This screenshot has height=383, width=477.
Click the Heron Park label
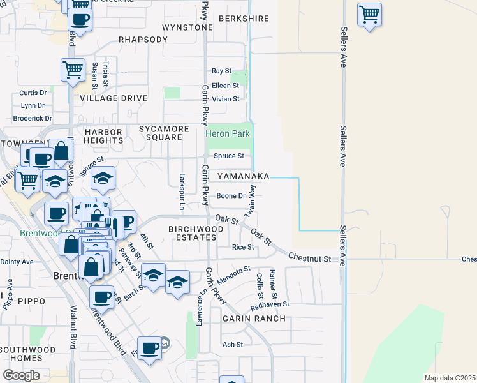click(x=228, y=134)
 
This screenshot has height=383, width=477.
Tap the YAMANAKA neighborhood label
click(x=242, y=176)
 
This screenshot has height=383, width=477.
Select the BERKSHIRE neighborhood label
click(x=244, y=19)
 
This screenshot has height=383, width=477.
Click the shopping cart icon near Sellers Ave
click(x=369, y=14)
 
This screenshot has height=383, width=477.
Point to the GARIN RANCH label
click(x=249, y=318)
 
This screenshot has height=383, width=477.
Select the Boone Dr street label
click(x=231, y=196)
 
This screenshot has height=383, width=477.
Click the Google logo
click(x=21, y=375)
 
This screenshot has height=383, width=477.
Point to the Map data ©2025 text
click(x=449, y=378)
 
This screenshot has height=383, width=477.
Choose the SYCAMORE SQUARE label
click(x=164, y=133)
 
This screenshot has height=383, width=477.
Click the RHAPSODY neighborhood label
click(x=143, y=40)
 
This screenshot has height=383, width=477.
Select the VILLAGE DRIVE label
click(x=113, y=98)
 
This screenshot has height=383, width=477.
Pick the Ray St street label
click(x=221, y=71)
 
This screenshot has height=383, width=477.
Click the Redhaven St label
click(x=270, y=305)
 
